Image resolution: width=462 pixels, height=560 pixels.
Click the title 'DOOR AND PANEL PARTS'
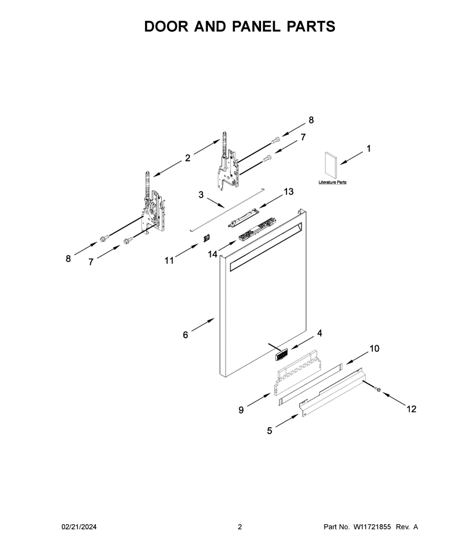coord(240,27)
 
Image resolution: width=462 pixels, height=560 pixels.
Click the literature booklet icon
coord(331,165)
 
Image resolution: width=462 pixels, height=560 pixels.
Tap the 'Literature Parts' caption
coord(332,182)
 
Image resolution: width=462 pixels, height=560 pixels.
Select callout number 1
coord(368,148)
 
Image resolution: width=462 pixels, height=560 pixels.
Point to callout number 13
coord(288,192)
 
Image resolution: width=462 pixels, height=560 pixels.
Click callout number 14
coord(213,254)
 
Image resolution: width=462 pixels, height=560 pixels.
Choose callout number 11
coord(169,261)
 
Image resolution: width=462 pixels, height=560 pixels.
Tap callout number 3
coord(201,195)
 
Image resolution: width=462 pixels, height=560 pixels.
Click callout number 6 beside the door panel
coord(185,335)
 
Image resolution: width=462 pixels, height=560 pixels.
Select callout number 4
coord(319,333)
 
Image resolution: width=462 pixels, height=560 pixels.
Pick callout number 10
coord(374,349)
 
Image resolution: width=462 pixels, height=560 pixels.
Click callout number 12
coord(412,409)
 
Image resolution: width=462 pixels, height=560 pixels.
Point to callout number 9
coord(241,410)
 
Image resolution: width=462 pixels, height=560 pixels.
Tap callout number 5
coord(270,431)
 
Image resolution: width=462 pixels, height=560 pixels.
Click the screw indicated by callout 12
coord(377,389)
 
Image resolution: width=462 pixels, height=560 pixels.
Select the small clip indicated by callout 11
coord(206,238)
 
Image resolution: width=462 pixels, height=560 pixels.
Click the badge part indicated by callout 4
coord(281,356)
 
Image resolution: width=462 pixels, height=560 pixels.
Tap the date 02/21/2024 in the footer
coord(79,527)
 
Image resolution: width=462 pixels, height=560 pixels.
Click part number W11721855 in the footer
coord(372,527)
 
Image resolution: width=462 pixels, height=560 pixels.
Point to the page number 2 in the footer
coord(240,527)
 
